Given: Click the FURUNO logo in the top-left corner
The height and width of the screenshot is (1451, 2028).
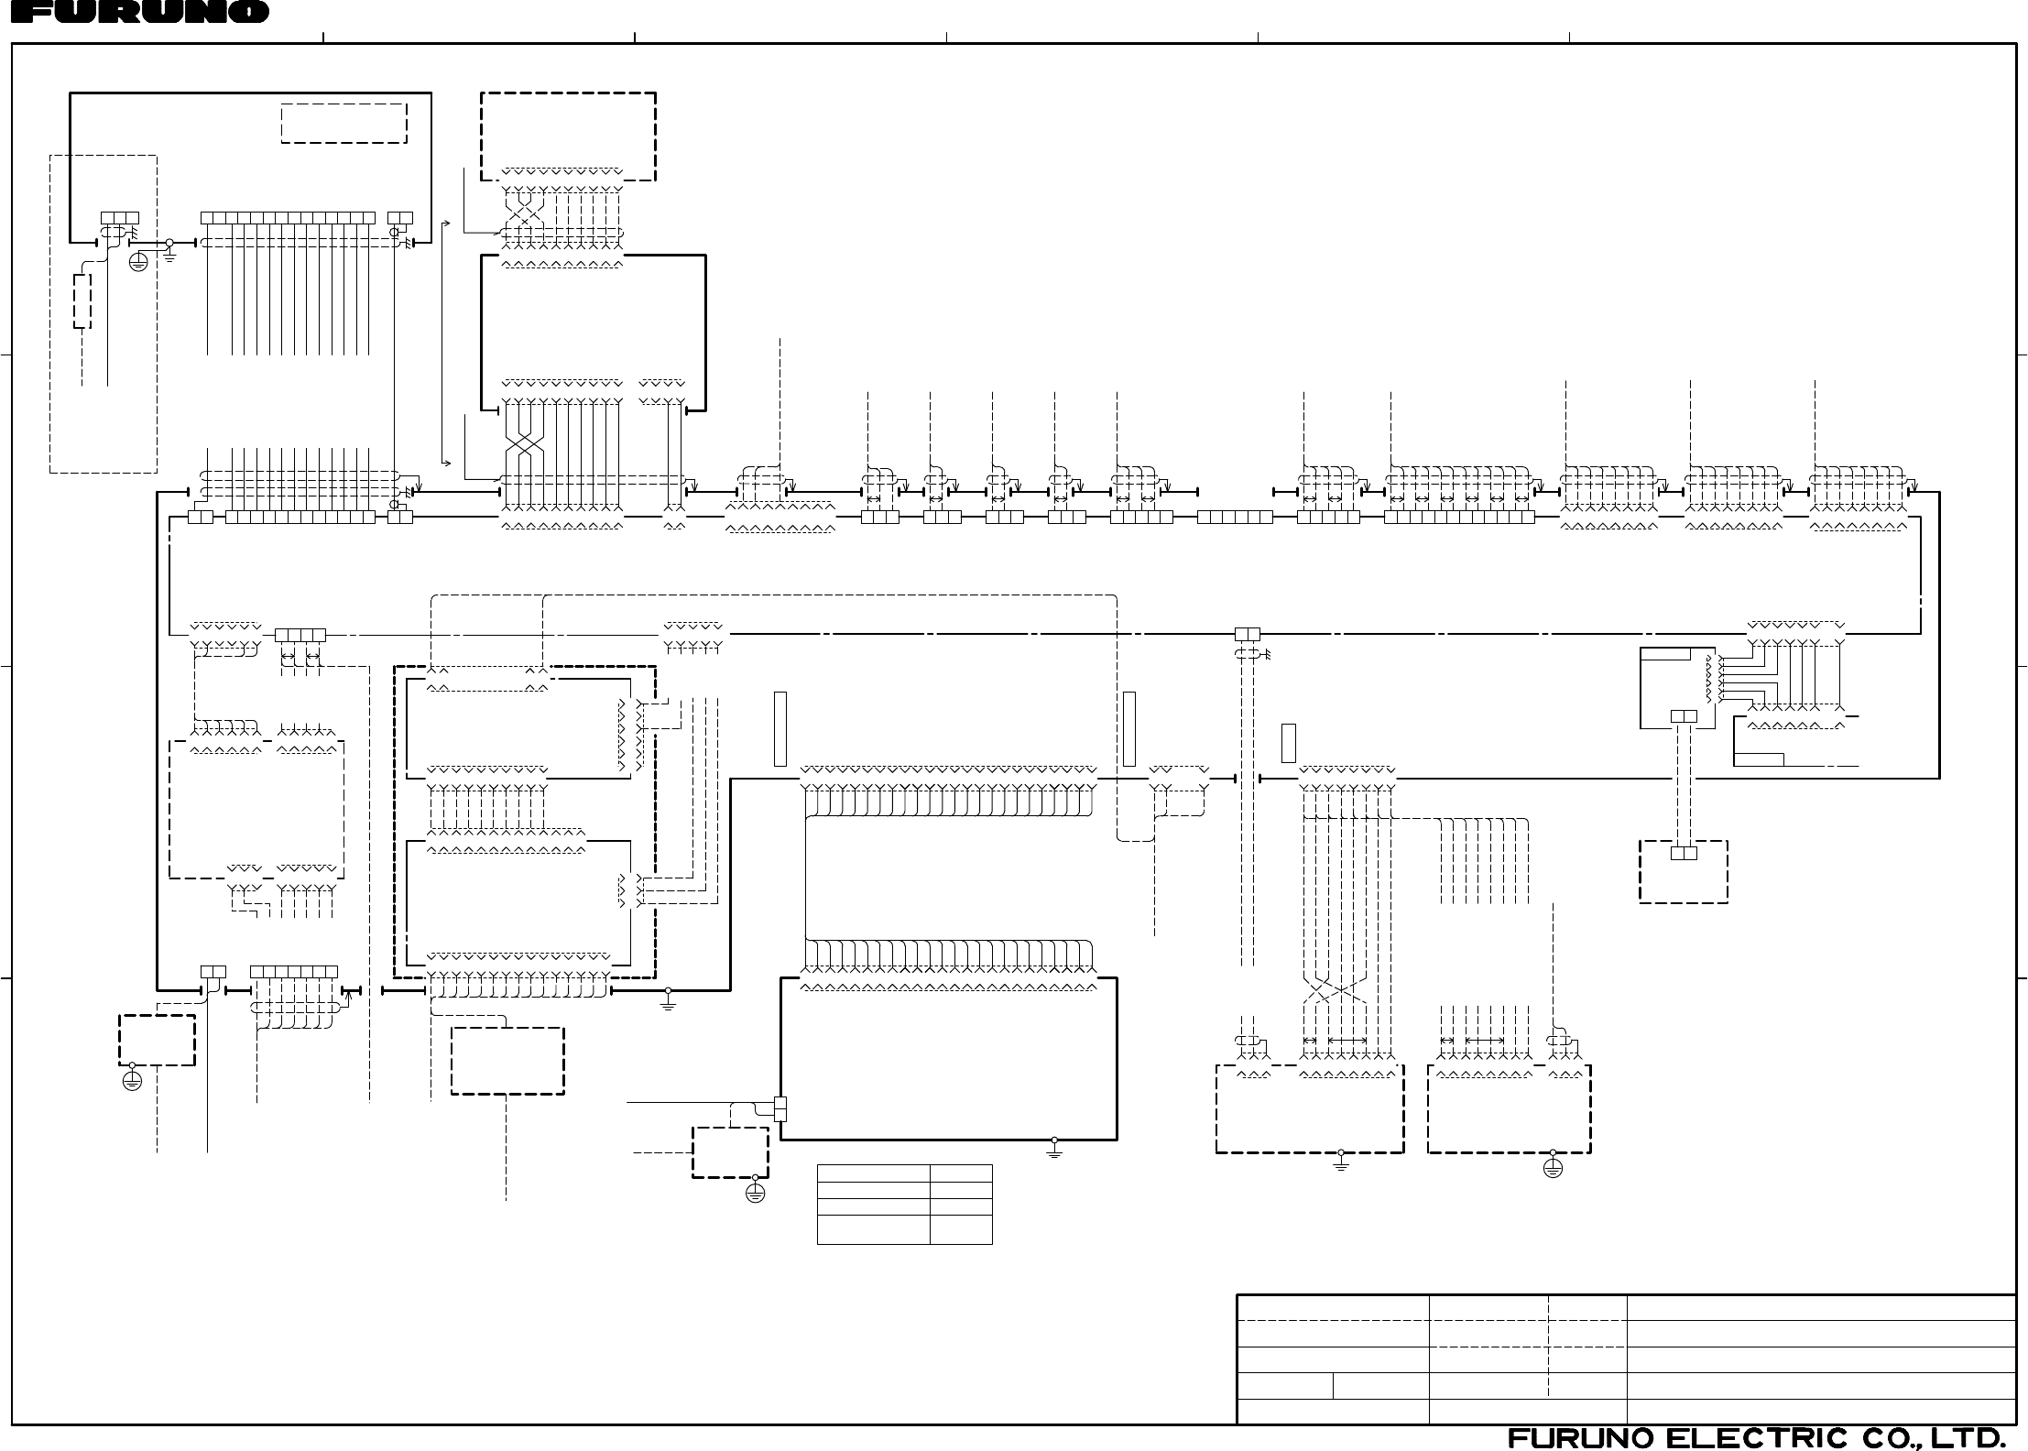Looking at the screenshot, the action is [135, 12].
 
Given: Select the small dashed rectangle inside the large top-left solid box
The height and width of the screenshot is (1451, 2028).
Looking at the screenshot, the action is [343, 124].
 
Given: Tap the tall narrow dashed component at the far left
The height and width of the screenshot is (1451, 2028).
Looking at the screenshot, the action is [82, 300].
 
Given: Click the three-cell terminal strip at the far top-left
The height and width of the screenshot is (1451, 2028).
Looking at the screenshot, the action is [119, 218].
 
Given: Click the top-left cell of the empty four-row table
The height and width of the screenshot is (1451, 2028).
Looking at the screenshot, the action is [873, 1173].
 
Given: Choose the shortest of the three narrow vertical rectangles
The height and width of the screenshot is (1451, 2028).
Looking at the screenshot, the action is [1288, 743].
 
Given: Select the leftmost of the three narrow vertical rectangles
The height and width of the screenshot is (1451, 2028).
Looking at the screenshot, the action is [780, 729].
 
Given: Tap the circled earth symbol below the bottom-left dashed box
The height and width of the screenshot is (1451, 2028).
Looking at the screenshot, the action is [132, 1081].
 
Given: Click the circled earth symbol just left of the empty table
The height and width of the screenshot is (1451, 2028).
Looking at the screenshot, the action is [755, 1193].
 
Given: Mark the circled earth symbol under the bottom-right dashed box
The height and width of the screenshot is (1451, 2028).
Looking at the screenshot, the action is [1553, 1168].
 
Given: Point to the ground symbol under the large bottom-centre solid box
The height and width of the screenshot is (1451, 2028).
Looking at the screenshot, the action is [1054, 1149].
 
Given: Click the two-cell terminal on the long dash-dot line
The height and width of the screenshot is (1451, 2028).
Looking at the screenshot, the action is [1248, 634].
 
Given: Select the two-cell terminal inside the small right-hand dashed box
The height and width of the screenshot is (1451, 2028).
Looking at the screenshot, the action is [1684, 853].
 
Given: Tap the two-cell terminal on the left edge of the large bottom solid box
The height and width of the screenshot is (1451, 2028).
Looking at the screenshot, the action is [780, 1109].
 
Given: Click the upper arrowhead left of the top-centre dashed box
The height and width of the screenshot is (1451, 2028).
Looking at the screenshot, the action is [446, 223].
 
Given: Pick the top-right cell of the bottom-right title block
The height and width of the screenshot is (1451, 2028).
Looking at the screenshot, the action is [1821, 1308].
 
